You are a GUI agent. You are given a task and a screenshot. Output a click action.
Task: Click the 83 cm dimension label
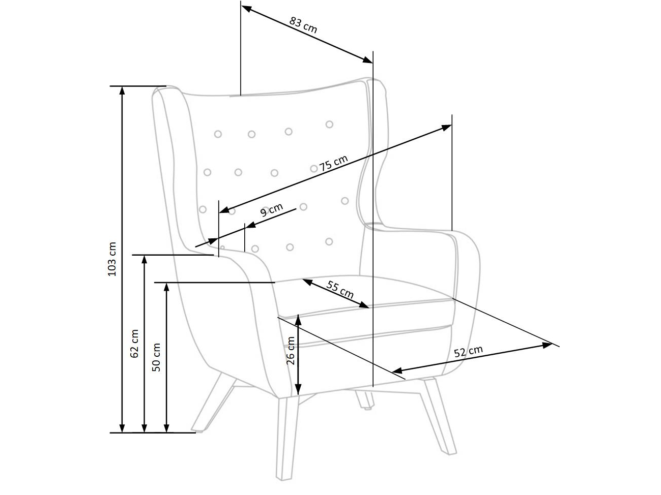[x=303, y=25]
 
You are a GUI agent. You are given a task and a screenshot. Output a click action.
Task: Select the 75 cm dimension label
[x=333, y=163]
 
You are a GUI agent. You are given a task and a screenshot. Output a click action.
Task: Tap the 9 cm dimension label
[x=272, y=209]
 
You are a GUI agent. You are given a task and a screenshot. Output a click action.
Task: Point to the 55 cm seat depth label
[x=340, y=290]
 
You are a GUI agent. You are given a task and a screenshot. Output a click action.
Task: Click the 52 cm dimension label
[x=468, y=351]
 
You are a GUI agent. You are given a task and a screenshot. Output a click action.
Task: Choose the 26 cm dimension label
[x=291, y=351]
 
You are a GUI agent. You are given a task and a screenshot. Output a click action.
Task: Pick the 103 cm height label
[x=112, y=259]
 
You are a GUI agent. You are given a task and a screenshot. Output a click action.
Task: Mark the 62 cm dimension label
[x=134, y=344]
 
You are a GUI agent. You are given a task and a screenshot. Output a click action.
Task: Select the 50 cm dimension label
[x=156, y=357]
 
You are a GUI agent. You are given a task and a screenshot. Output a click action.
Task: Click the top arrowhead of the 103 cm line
[x=122, y=90]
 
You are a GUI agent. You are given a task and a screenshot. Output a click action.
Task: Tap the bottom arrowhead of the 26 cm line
[x=298, y=390]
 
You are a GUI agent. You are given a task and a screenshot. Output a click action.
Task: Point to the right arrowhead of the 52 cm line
[x=547, y=345]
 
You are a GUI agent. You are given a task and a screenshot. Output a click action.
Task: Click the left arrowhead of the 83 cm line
[x=247, y=9]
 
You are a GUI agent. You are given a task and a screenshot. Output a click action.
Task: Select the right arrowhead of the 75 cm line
[x=446, y=128]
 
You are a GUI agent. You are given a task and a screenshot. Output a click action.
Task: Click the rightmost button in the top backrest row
[x=329, y=124]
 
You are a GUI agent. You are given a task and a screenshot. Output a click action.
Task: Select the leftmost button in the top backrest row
[x=218, y=134]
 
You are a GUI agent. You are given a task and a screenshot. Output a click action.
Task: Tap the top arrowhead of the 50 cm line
[x=166, y=287]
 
